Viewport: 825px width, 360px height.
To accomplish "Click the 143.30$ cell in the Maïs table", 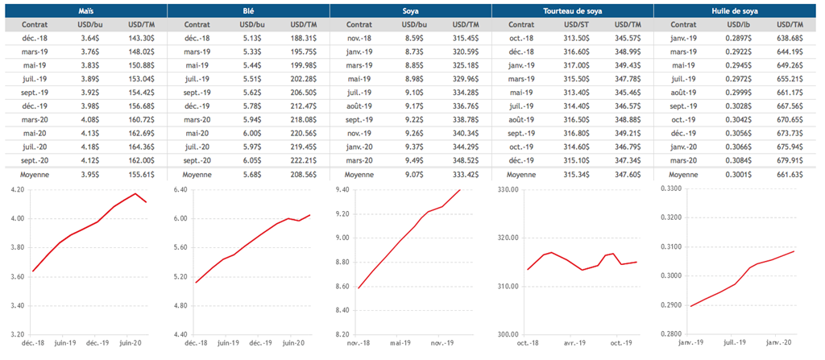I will pyautogui.click(x=141, y=38).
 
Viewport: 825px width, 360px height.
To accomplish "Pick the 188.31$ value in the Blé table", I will pyautogui.click(x=304, y=38).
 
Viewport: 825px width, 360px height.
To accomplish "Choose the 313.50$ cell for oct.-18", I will pyautogui.click(x=574, y=38).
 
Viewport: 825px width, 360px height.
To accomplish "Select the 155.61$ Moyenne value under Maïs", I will pyautogui.click(x=141, y=174).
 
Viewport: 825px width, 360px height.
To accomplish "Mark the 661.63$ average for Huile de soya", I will pyautogui.click(x=790, y=174).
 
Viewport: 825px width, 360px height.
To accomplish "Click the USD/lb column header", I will pyautogui.click(x=736, y=25).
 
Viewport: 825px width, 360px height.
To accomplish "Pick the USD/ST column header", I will pyautogui.click(x=574, y=25).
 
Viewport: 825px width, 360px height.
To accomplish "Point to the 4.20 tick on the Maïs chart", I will pyautogui.click(x=15, y=189).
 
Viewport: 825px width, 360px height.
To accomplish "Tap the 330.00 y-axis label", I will pyautogui.click(x=507, y=189).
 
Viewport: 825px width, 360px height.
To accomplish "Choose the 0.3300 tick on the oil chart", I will pyautogui.click(x=670, y=189).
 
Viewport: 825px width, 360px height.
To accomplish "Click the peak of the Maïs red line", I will pyautogui.click(x=135, y=194).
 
